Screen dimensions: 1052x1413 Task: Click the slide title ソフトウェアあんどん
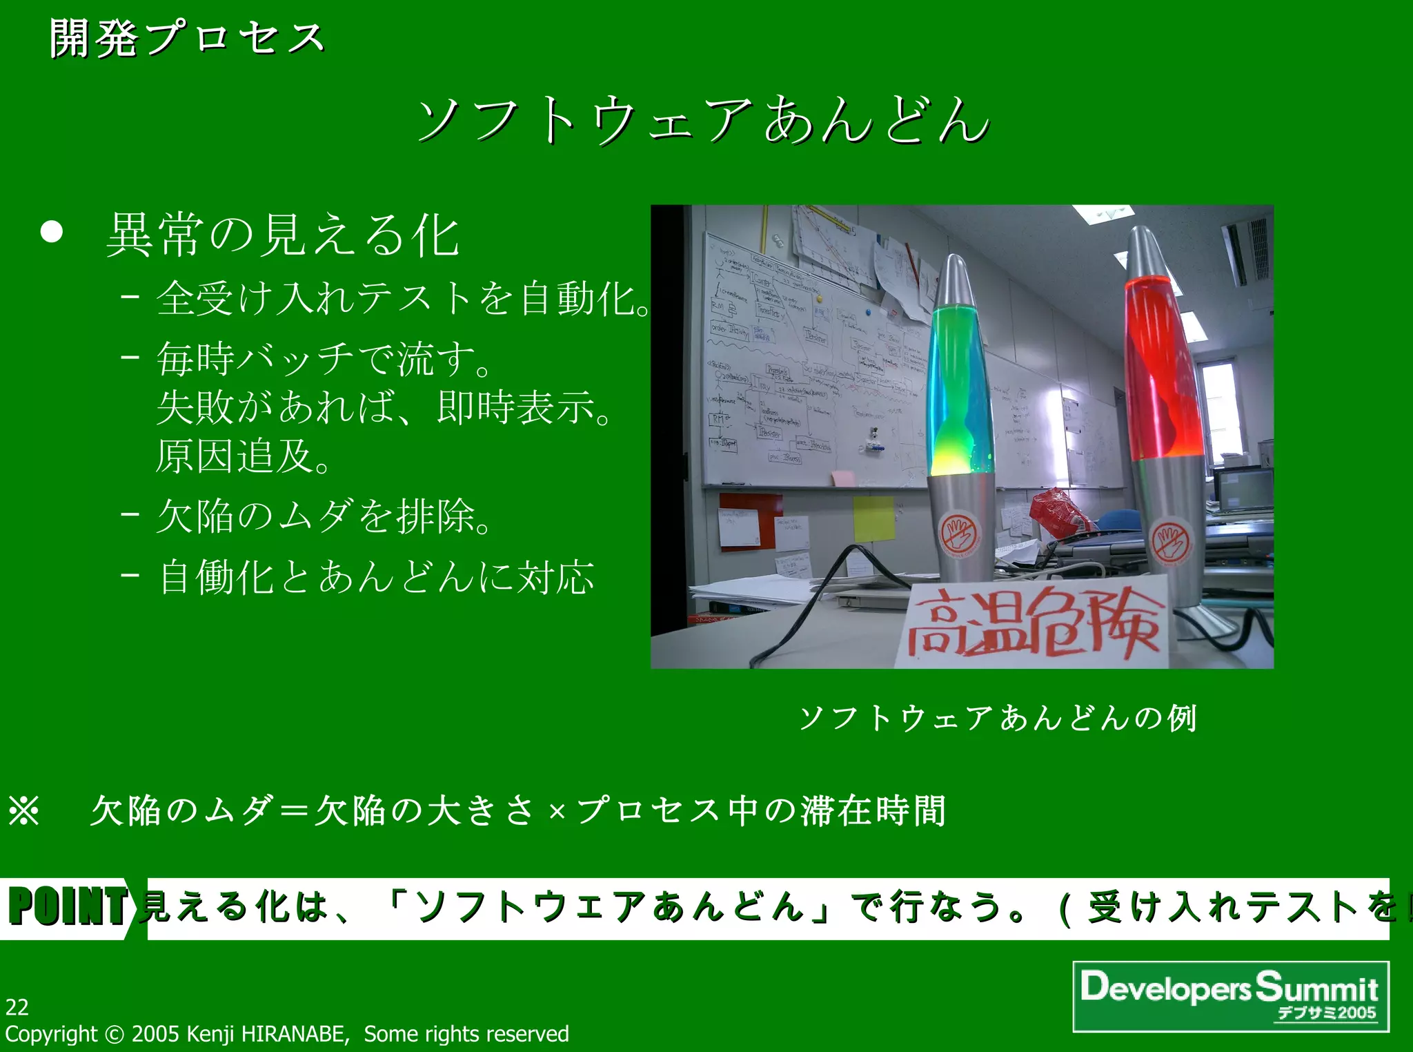pyautogui.click(x=704, y=120)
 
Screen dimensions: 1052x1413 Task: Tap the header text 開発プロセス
pyautogui.click(x=187, y=37)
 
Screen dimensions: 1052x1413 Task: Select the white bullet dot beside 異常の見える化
pyautogui.click(x=52, y=232)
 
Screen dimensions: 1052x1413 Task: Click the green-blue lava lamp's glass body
pyautogui.click(x=960, y=387)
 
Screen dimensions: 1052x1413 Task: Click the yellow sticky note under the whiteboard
pyautogui.click(x=873, y=518)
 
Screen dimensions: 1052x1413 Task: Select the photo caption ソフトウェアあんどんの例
pyautogui.click(x=998, y=718)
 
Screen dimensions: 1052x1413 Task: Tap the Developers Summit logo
pyautogui.click(x=1230, y=996)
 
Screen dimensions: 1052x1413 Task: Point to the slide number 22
pyautogui.click(x=17, y=1007)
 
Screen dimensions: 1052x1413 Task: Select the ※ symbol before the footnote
pyautogui.click(x=24, y=810)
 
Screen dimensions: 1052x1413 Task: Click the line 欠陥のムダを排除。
pyautogui.click(x=324, y=516)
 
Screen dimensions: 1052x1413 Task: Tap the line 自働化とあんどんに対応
pyautogui.click(x=377, y=576)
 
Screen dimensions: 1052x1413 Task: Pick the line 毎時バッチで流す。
pyautogui.click(x=324, y=358)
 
